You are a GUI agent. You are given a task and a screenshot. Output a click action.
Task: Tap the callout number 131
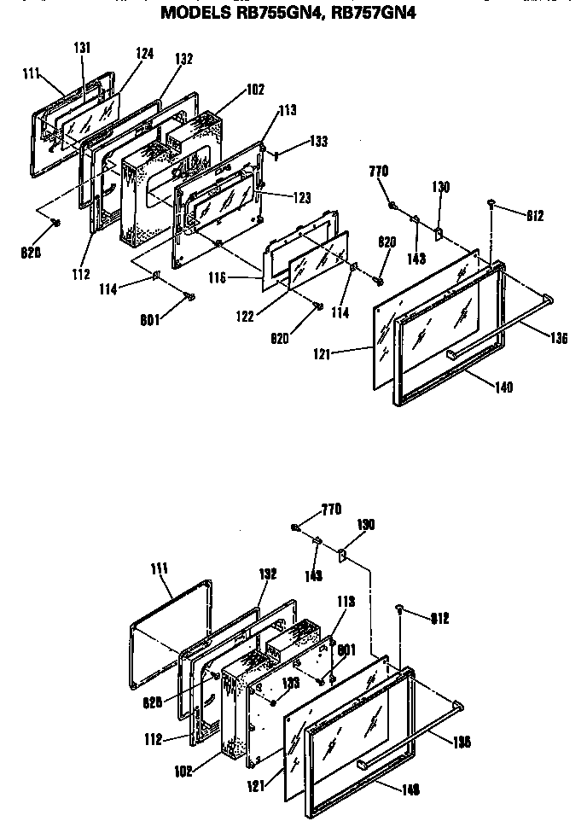click(x=82, y=48)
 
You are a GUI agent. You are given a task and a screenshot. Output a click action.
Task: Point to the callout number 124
click(x=144, y=53)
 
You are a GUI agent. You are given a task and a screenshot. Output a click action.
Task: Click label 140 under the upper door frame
click(x=503, y=387)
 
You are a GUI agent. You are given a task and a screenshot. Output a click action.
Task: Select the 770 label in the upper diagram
click(x=379, y=172)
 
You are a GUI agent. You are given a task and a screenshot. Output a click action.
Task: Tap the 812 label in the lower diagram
click(x=440, y=618)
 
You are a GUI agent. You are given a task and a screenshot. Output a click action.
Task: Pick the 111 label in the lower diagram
click(x=159, y=568)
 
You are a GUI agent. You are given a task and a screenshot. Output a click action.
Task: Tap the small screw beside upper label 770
click(x=392, y=205)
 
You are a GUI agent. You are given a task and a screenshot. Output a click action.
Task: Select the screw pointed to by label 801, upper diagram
click(x=190, y=296)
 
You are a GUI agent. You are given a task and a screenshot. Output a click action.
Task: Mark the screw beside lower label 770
click(x=294, y=527)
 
